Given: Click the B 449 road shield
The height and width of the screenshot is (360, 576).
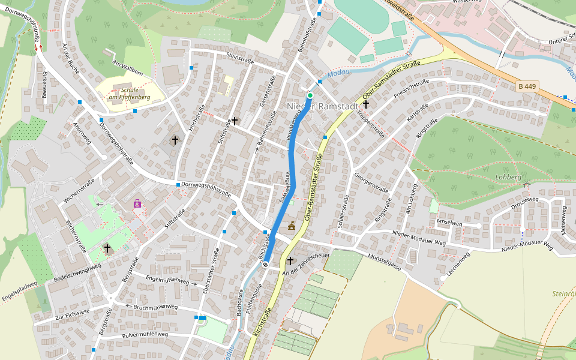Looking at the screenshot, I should (526, 86).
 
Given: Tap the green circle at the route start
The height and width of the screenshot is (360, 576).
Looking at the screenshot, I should (310, 95).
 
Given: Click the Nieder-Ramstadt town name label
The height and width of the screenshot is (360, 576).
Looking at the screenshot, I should (317, 106).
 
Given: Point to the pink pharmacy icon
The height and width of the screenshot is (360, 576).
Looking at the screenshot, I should (137, 203).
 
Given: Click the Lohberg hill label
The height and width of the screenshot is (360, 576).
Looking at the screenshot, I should (508, 178).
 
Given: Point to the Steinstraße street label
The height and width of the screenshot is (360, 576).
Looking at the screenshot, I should (240, 58).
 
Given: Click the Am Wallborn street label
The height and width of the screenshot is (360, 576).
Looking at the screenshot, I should (127, 68).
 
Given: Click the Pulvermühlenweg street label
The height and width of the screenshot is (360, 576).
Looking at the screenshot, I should (145, 335).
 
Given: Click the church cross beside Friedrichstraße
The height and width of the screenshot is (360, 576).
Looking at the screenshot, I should (365, 104).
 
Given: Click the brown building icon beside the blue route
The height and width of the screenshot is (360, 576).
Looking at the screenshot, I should (292, 226).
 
